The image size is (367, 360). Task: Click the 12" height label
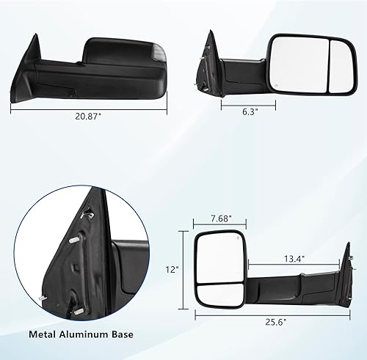point(172,270)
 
